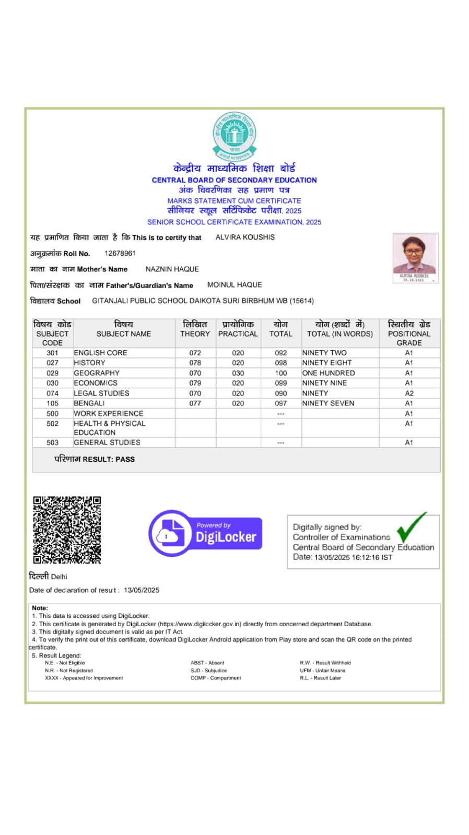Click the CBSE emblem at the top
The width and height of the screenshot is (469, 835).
234,135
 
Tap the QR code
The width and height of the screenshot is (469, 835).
67,530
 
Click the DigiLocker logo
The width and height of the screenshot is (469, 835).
205,533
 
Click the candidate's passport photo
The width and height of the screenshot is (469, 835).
415,257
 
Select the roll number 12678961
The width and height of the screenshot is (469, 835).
120,253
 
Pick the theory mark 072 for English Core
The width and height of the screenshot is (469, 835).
195,353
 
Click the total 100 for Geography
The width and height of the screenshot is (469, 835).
280,373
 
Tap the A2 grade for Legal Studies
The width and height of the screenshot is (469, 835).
409,393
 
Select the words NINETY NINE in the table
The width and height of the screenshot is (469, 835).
324,383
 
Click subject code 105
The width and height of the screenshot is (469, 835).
52,403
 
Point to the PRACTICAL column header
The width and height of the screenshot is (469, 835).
238,333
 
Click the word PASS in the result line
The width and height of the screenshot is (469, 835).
125,459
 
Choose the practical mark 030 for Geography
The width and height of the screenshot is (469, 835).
238,373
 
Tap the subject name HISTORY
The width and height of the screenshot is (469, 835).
89,363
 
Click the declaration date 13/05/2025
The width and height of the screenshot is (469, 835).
142,590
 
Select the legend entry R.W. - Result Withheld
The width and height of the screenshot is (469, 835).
325,663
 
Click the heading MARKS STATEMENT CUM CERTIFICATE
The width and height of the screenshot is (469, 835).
234,201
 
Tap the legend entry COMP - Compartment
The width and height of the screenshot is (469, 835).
216,678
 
